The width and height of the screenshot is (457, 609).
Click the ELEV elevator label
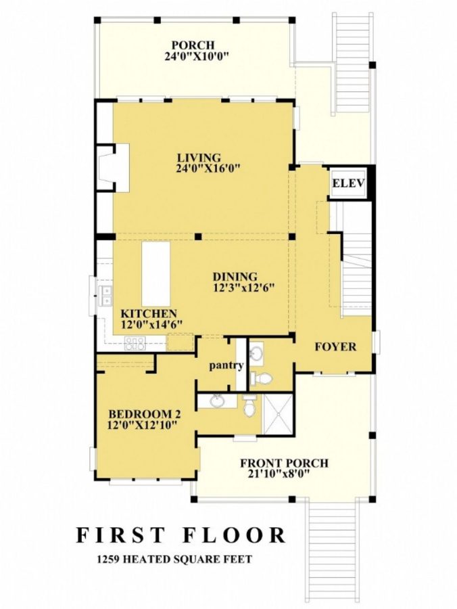pos(348,183)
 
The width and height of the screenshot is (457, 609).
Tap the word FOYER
pos(335,347)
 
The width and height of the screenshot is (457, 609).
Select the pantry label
pos(226,365)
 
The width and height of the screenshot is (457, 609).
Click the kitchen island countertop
pos(155,275)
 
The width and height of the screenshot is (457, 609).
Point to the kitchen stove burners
pos(135,344)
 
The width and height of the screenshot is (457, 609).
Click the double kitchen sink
pos(107,293)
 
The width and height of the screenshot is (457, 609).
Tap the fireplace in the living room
pos(105,168)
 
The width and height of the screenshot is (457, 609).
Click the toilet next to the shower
pos(249,405)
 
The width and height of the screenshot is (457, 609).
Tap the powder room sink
pos(257,353)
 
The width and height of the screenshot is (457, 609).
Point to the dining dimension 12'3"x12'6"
pos(243,288)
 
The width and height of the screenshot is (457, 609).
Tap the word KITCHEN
pos(149,314)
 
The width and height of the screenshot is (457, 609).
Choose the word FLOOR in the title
pos(234,535)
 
